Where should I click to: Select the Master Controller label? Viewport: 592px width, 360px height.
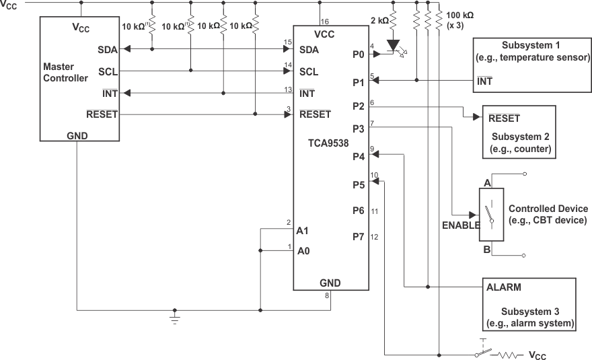point(65,73)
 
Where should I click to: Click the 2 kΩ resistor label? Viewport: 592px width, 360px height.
point(379,21)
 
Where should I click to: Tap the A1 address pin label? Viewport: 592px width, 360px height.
point(303,230)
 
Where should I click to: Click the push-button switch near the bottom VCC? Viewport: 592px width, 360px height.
point(482,351)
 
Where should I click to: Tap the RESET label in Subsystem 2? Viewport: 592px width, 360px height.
point(504,118)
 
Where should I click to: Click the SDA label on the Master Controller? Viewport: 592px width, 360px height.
point(107,49)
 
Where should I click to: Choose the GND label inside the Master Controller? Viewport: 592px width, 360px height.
point(77,135)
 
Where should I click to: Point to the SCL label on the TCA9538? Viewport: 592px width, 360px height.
point(309,71)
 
